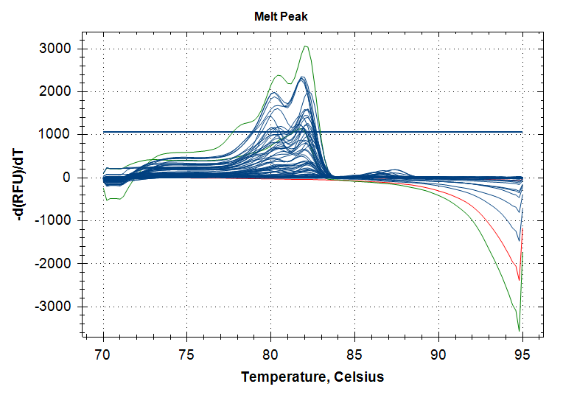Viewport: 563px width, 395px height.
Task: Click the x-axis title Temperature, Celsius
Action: (x=312, y=377)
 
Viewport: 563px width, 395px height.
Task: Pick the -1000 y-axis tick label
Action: (x=53, y=220)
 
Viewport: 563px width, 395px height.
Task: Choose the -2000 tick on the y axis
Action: (x=53, y=263)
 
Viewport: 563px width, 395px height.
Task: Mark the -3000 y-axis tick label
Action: (x=53, y=306)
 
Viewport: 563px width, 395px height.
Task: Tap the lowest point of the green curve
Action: (x=520, y=331)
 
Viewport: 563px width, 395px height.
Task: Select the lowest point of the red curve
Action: (x=520, y=280)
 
